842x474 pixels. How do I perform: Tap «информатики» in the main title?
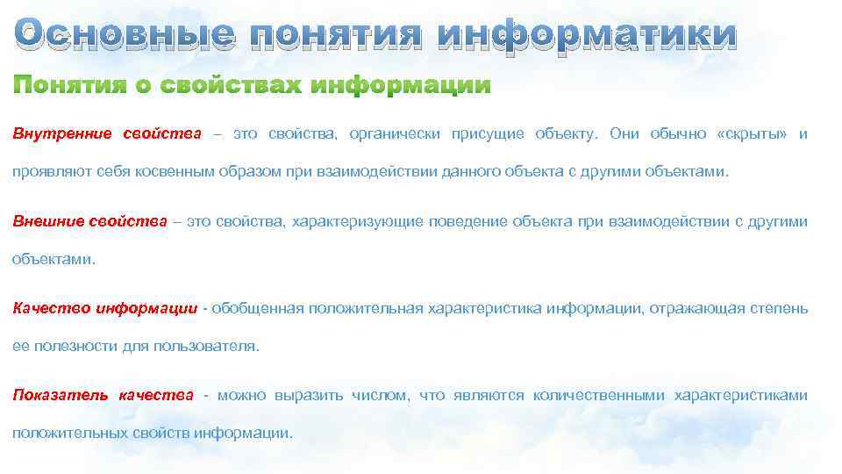pos(587,35)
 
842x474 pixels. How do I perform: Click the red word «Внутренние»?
pos(61,134)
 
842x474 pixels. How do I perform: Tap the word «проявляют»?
pos(45,171)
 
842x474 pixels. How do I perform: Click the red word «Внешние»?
pos(49,221)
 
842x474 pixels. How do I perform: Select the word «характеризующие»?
pos(357,221)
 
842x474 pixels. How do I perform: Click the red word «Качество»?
pos(52,308)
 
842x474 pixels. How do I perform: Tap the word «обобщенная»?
pos(257,308)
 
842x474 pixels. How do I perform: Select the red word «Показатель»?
pos(59,395)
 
